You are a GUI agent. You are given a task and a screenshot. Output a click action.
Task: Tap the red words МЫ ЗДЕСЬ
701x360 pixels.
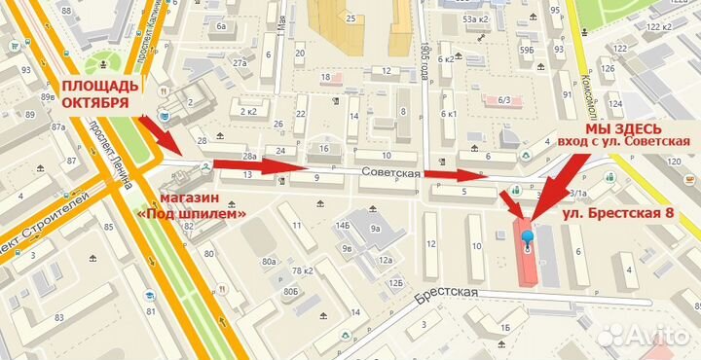(x=624, y=128)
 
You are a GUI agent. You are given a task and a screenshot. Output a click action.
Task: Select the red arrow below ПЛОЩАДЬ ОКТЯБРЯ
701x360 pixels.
(x=161, y=134)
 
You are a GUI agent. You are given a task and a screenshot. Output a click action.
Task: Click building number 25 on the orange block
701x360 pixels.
(x=349, y=18)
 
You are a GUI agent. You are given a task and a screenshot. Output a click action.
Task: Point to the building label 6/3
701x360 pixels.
(x=504, y=99)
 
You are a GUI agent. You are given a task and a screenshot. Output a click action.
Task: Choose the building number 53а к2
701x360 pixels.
(x=474, y=18)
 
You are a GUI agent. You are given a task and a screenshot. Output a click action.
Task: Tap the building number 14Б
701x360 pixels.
(x=342, y=226)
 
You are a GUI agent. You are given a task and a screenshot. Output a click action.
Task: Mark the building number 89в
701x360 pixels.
(x=46, y=97)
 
